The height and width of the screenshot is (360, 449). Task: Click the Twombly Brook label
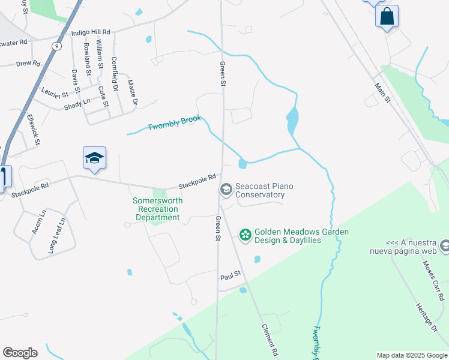(x=174, y=123)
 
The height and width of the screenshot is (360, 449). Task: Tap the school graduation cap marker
(x=94, y=158)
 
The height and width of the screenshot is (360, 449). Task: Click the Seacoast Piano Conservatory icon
(x=226, y=190)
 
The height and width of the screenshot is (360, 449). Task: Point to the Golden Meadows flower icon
(x=245, y=235)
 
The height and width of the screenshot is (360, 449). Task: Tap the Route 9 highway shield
(x=56, y=46)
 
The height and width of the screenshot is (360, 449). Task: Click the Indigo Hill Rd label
(x=91, y=32)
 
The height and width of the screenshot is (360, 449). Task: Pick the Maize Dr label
(x=132, y=92)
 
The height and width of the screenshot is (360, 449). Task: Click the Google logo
(x=20, y=353)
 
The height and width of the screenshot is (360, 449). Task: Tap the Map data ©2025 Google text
(x=411, y=355)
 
